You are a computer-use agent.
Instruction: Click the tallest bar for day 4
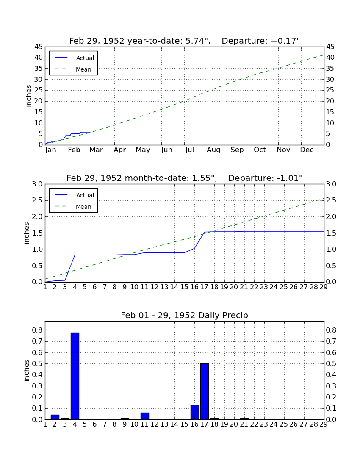click(x=75, y=376)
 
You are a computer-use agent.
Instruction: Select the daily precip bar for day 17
click(x=205, y=391)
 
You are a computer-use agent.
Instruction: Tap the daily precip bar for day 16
click(x=194, y=412)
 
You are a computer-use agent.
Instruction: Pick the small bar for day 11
click(x=145, y=416)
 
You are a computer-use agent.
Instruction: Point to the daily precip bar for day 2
click(x=55, y=417)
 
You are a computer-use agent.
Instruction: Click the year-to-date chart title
click(x=185, y=41)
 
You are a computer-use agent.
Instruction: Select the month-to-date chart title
click(x=185, y=178)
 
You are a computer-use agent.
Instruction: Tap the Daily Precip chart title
click(x=185, y=315)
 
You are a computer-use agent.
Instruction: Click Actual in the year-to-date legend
click(x=85, y=58)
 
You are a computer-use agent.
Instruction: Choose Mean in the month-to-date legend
click(x=83, y=207)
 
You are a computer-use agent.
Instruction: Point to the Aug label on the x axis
click(x=213, y=150)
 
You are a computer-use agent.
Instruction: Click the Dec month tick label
click(x=307, y=150)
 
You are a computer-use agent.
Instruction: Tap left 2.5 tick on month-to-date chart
click(x=37, y=200)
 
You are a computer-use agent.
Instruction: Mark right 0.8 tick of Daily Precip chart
click(x=331, y=330)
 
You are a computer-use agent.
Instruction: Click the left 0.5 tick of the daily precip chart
click(x=37, y=364)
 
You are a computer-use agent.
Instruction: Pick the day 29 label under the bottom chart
click(x=324, y=424)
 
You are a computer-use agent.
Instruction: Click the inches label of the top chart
click(x=28, y=96)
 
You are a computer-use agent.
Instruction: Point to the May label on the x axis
click(x=143, y=150)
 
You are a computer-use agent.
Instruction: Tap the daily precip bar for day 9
click(x=125, y=419)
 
